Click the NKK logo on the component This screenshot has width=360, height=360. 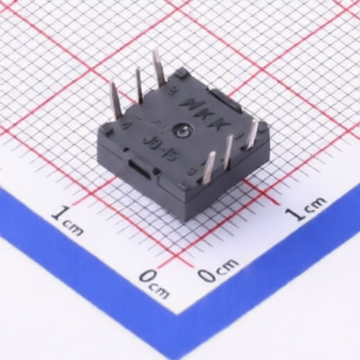[204, 112]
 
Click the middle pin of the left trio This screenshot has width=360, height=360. [139, 85]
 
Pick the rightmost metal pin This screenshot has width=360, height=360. [251, 134]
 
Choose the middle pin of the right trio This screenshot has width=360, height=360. [228, 150]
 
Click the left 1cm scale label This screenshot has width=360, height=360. [67, 219]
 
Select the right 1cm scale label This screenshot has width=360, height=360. [305, 208]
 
